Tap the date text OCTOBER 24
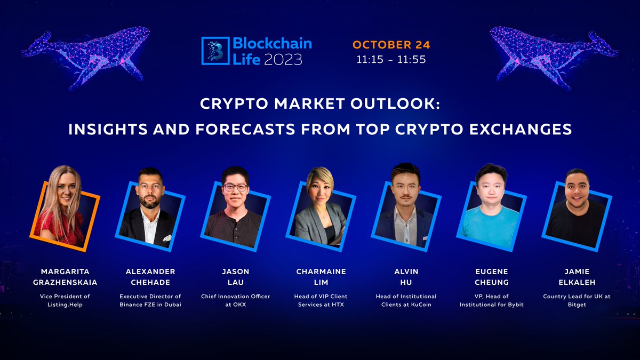click(x=391, y=44)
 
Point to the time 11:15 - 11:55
click(x=391, y=60)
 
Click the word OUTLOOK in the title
click(x=390, y=103)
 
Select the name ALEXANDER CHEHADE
click(x=150, y=277)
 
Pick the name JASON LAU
click(x=235, y=277)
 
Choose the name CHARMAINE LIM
click(x=321, y=277)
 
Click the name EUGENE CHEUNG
click(x=491, y=277)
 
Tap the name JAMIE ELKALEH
click(x=577, y=277)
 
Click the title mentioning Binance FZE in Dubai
click(x=150, y=300)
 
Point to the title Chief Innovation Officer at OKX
click(x=235, y=300)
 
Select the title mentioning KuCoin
click(x=406, y=300)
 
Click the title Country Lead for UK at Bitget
click(x=577, y=300)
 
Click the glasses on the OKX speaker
click(x=235, y=188)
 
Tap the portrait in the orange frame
click(x=64, y=208)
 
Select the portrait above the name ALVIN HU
click(x=406, y=208)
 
